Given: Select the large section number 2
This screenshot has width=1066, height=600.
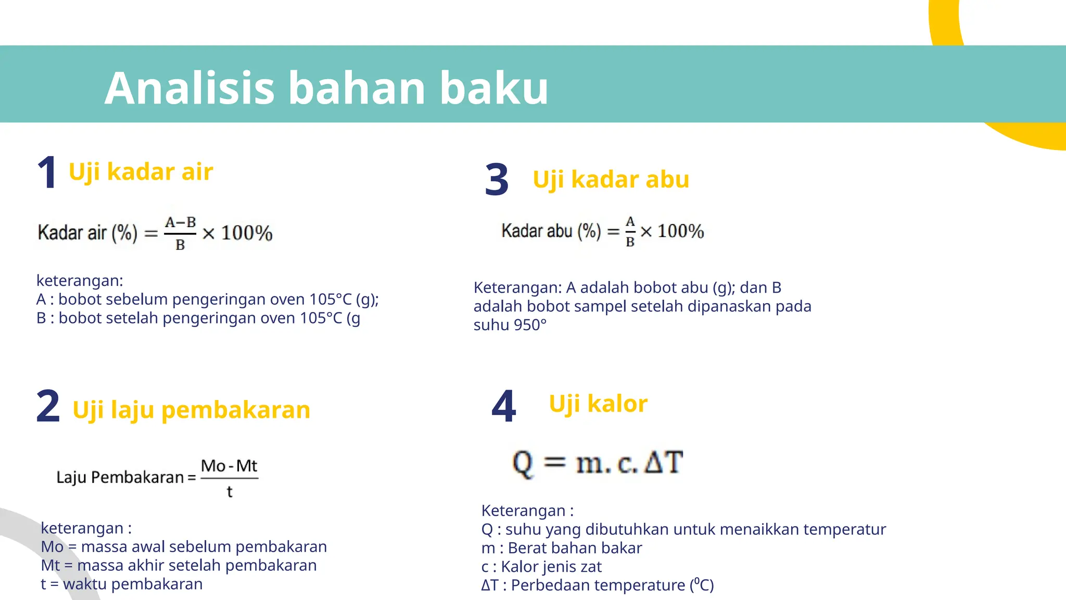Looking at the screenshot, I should [x=48, y=406].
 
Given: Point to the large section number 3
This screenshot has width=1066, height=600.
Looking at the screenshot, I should [x=497, y=180].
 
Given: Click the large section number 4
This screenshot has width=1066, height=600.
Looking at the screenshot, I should [x=503, y=406].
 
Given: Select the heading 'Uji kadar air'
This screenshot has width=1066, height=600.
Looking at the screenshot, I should [x=141, y=172].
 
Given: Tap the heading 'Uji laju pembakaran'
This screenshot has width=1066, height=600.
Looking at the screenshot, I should [x=191, y=410].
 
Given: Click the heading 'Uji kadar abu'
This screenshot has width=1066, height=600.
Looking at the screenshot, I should [x=611, y=180].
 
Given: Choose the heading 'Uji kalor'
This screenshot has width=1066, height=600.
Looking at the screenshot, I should [x=598, y=404].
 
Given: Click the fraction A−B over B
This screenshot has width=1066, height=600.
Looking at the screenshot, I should [x=180, y=233].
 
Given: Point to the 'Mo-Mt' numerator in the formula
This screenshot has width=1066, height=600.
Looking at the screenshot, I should [x=229, y=466].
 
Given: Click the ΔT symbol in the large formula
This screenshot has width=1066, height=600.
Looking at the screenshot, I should [x=663, y=463].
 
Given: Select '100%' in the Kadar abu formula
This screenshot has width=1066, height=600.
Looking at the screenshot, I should [x=680, y=231].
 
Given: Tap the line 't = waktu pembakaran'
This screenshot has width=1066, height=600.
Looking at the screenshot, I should [x=122, y=584].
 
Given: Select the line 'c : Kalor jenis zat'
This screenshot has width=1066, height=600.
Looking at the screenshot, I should [x=541, y=567].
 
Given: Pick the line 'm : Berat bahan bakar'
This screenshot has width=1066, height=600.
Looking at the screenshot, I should [x=562, y=548].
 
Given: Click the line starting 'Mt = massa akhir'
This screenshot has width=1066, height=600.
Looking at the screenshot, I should [x=179, y=566].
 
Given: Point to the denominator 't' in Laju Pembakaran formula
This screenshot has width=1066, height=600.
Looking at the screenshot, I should [x=230, y=492].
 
